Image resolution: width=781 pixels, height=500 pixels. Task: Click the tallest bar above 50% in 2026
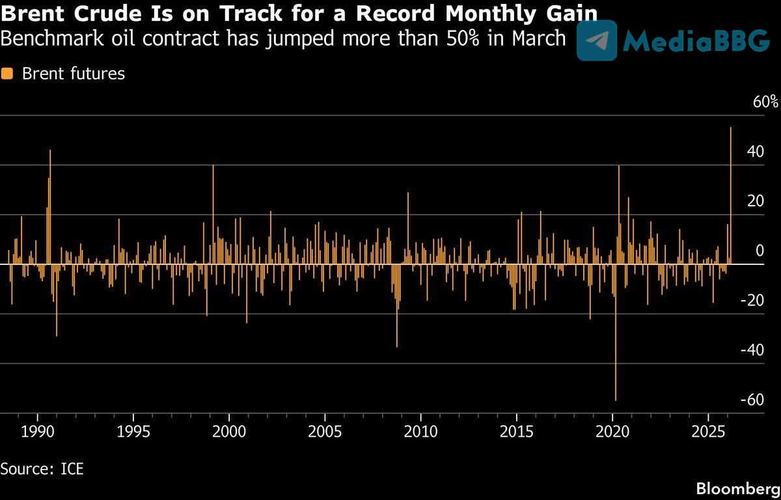731,195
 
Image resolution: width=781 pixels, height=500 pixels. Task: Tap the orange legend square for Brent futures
7,74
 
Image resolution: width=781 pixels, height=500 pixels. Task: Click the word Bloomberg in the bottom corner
737,488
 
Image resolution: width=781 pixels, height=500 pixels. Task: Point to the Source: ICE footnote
42,468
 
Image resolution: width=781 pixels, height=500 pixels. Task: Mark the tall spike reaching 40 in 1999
213,215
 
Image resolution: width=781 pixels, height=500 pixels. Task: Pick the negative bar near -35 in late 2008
396,306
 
